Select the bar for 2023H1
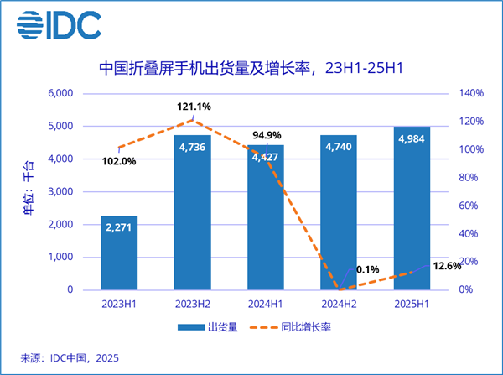tap(119, 253)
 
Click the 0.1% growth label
tap(367, 270)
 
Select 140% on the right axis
tap(470, 93)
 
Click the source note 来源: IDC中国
tap(70, 358)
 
